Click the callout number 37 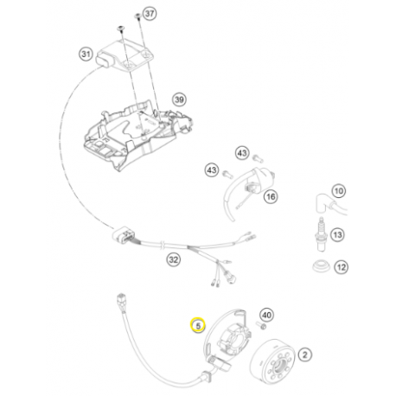click(x=150, y=14)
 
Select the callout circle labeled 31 click(x=86, y=54)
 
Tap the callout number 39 click(x=179, y=99)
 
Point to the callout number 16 click(x=271, y=196)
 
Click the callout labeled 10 click(x=339, y=191)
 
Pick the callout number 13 click(x=337, y=234)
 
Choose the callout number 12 click(x=342, y=267)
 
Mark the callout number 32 click(x=173, y=259)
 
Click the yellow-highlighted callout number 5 click(x=198, y=325)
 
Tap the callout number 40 click(x=266, y=315)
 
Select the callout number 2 click(x=305, y=354)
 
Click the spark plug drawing click(x=321, y=234)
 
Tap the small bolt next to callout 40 click(x=261, y=326)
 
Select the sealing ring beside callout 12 click(x=321, y=266)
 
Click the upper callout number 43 click(x=242, y=153)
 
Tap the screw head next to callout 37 click(x=138, y=16)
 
